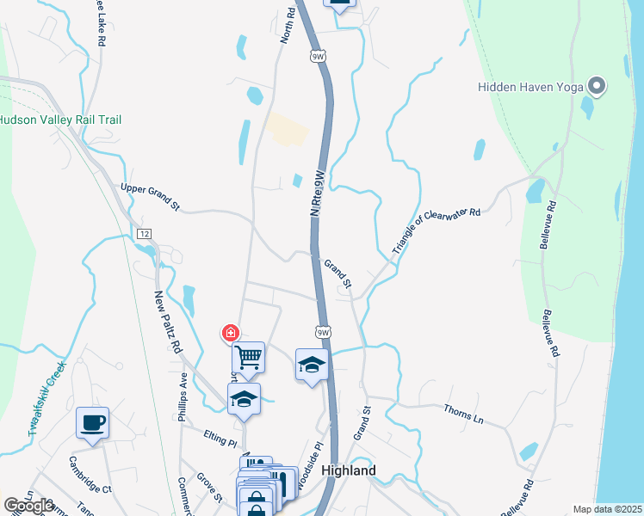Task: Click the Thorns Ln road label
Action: pyautogui.click(x=464, y=413)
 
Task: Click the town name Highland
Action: pyautogui.click(x=348, y=471)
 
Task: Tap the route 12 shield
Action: pyautogui.click(x=144, y=234)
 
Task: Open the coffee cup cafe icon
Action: pyautogui.click(x=93, y=422)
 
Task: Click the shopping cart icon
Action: pyautogui.click(x=248, y=355)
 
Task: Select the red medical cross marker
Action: pyautogui.click(x=230, y=333)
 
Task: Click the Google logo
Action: pyautogui.click(x=28, y=506)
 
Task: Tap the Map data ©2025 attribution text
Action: pyautogui.click(x=608, y=509)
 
